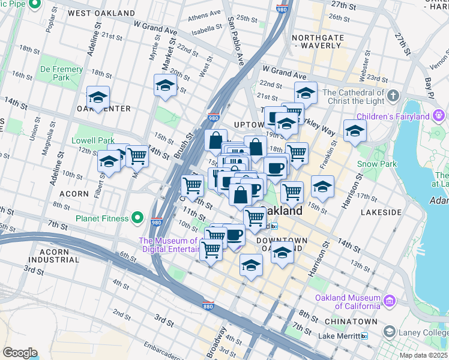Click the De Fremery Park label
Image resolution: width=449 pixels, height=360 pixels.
pyautogui.click(x=62, y=73)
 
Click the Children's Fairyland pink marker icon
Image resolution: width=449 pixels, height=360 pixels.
pyautogui.click(x=439, y=114)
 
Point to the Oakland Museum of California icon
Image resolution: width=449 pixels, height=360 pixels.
pyautogui.click(x=390, y=299)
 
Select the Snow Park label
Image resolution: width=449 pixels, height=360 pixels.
pyautogui.click(x=377, y=164)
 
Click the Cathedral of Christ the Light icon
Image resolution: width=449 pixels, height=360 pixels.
pyautogui.click(x=393, y=95)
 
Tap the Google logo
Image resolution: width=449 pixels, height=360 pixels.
pyautogui.click(x=20, y=352)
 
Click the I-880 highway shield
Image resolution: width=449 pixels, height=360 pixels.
pyautogui.click(x=207, y=305)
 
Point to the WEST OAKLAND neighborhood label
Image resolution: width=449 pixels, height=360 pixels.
pyautogui.click(x=101, y=13)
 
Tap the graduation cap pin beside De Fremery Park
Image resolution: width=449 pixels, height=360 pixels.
pyautogui.click(x=98, y=97)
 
